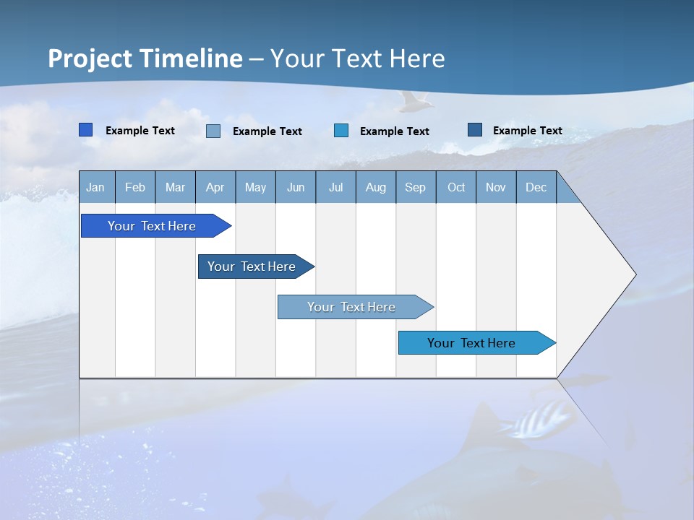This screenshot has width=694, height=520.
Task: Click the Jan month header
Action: point(96,187)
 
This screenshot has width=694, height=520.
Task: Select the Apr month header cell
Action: point(215,187)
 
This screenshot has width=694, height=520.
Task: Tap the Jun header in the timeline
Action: point(296,187)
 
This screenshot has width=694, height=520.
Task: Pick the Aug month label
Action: point(376,187)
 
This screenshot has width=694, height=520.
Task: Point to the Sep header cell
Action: point(416,187)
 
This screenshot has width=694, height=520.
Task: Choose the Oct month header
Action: point(456,187)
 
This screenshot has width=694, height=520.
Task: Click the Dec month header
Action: point(536,187)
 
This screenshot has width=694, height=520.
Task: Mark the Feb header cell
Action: point(135,187)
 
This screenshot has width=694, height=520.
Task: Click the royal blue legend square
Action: point(86,130)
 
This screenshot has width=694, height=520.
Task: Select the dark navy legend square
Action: point(474,130)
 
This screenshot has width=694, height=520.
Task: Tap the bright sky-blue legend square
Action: point(341,130)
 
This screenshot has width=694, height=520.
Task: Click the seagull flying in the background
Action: point(414,102)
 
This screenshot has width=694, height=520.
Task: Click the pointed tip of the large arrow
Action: point(634,274)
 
